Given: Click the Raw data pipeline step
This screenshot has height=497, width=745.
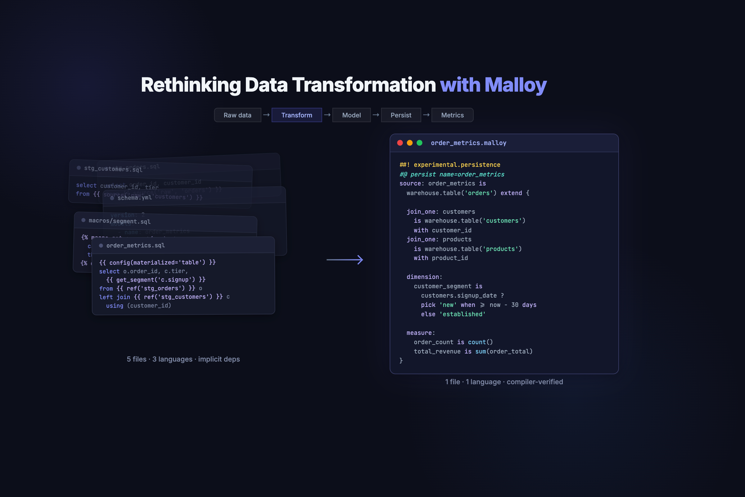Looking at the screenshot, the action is click(x=237, y=115).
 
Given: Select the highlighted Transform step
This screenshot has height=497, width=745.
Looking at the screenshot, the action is click(x=296, y=115).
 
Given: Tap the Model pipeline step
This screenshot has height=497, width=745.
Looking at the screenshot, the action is click(x=351, y=115).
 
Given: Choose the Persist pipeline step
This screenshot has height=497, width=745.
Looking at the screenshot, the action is click(x=401, y=115).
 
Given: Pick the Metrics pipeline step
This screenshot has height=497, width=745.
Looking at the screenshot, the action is click(x=452, y=115).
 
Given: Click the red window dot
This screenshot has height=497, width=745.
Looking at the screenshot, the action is click(x=400, y=143).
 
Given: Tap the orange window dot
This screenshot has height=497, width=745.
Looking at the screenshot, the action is click(x=409, y=143).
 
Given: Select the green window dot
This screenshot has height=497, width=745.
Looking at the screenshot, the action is click(x=419, y=143).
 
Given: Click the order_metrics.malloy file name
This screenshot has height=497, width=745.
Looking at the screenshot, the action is click(x=468, y=143).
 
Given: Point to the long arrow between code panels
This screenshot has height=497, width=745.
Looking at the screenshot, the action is click(x=345, y=260).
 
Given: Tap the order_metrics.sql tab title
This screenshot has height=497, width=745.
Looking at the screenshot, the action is click(x=136, y=246).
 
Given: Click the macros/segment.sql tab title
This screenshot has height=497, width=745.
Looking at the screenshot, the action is click(x=120, y=221).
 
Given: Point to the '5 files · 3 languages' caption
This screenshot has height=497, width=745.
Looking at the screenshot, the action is click(x=183, y=359).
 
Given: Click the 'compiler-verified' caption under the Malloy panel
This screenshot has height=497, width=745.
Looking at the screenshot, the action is click(x=535, y=382).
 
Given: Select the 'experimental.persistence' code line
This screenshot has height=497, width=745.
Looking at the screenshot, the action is click(x=450, y=165).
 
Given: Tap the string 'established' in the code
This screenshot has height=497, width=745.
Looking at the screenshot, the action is click(x=462, y=314).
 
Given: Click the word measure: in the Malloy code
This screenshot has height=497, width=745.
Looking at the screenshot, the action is click(x=421, y=333).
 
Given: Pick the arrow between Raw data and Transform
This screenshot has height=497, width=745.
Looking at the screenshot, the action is click(x=266, y=115).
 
